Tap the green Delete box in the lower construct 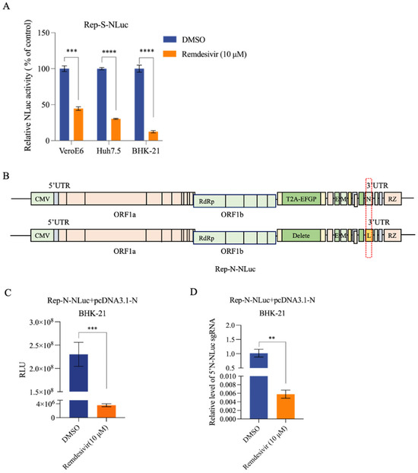[x=299, y=236]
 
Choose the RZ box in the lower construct [x=391, y=236]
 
